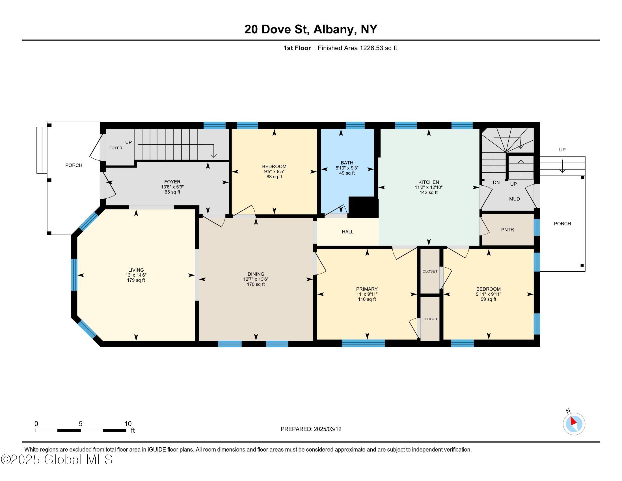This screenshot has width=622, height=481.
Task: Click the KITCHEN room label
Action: point(428,182)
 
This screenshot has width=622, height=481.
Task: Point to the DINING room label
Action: point(256,274)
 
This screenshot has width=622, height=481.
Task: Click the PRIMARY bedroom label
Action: point(367,289)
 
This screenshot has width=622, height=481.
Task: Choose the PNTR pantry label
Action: point(507,230)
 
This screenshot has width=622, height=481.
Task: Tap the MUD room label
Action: point(514,199)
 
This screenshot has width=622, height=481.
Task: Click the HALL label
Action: point(347,232)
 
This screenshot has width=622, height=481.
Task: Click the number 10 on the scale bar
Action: point(128,424)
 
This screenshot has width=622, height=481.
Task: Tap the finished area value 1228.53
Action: point(372,48)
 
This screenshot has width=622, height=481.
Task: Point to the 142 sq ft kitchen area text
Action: point(428,192)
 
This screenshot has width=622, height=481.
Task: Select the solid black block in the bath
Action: point(363,207)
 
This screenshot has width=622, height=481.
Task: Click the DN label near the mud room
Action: point(496,182)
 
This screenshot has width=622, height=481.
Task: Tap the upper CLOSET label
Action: point(430,271)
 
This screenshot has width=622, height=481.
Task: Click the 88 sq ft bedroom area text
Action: point(274,177)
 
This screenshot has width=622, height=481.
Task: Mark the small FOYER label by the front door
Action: point(116,148)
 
